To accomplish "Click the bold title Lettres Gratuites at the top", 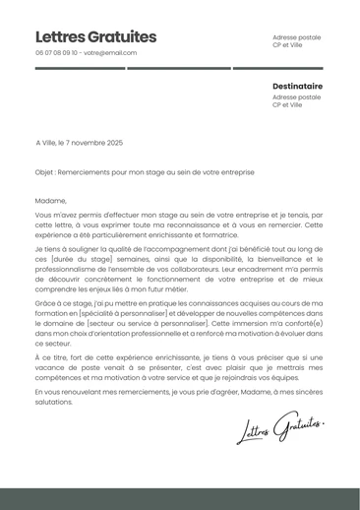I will click(x=95, y=36).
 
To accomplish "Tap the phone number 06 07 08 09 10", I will click(x=57, y=53).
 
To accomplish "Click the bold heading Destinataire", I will click(x=297, y=87).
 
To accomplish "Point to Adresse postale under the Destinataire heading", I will click(x=296, y=97).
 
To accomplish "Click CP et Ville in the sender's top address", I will click(x=287, y=45).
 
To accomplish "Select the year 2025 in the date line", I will click(x=114, y=143).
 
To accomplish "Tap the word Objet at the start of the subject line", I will click(x=44, y=171).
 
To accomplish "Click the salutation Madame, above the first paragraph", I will click(x=49, y=200).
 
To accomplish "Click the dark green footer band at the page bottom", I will click(x=180, y=498).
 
